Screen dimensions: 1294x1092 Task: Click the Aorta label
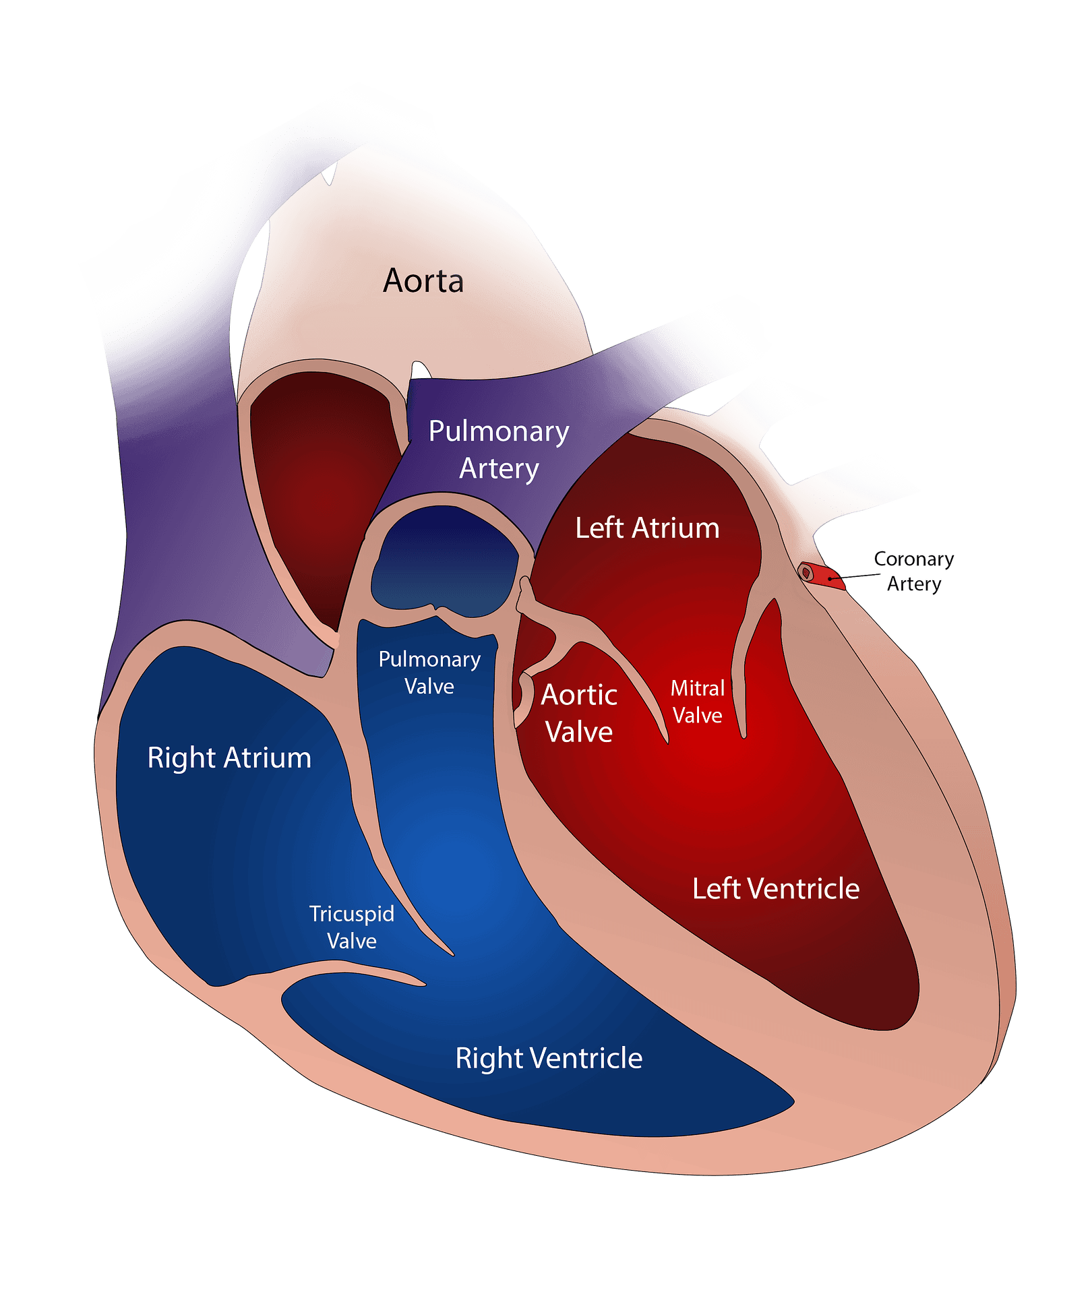pos(423,281)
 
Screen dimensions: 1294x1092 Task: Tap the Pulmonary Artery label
pos(499,450)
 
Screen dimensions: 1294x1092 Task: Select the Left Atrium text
pos(647,528)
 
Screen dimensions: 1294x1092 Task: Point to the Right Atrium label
pos(229,758)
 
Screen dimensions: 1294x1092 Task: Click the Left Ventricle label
pos(776,889)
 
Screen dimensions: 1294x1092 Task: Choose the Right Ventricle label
pos(549,1058)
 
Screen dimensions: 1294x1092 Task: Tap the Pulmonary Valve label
pos(429,673)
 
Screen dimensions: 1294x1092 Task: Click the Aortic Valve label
pos(579,713)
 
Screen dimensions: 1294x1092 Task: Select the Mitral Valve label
pos(698,702)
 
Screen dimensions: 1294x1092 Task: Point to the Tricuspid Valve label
pos(352,927)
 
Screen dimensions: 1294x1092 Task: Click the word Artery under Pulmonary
pos(499,469)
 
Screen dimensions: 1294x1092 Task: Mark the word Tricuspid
pos(352,915)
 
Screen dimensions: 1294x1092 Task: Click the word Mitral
pos(698,688)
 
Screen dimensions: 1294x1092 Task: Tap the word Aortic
pos(579,695)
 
